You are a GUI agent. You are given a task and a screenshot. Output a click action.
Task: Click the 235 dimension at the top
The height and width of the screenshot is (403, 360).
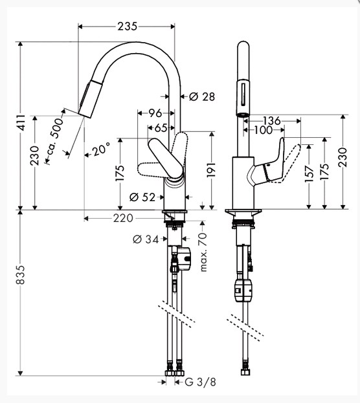point(128,27)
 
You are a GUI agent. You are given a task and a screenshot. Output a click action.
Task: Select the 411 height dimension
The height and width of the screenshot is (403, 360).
point(21,123)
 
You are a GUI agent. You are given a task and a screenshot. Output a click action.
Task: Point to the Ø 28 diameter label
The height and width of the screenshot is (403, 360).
point(202,96)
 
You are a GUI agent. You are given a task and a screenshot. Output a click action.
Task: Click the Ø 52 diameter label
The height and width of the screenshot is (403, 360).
point(142,197)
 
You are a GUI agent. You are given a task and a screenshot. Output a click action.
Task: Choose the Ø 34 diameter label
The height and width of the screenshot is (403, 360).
point(146,239)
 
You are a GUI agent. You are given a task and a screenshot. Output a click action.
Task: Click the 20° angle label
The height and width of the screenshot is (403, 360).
point(102,149)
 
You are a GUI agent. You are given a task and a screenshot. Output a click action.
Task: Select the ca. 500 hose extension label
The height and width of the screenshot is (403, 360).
point(54,141)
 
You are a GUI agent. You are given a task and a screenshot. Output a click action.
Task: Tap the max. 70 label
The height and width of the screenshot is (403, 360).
point(203,252)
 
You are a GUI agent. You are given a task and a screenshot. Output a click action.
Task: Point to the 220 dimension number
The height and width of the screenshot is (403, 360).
point(123,218)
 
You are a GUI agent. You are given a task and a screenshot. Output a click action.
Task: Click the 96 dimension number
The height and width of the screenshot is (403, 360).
point(155,113)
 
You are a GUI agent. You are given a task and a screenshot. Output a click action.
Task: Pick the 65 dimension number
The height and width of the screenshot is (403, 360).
point(161,127)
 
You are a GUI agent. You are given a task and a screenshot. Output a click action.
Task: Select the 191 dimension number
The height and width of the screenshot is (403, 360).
point(211,169)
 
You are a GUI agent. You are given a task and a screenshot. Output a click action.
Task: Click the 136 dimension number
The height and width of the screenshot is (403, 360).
point(271,120)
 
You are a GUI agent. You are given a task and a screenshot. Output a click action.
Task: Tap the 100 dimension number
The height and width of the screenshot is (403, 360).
point(264,130)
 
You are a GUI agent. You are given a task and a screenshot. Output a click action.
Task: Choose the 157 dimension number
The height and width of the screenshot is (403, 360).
point(309,174)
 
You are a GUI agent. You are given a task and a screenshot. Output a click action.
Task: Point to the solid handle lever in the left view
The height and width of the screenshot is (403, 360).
point(166,158)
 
